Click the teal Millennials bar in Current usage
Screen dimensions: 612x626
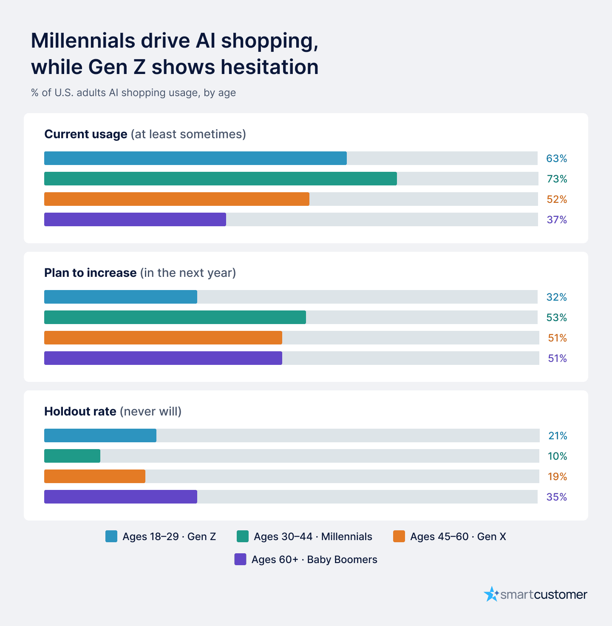[x=221, y=179]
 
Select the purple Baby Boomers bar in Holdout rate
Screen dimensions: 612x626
[x=121, y=497]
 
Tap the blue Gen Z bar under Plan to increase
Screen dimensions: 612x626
[x=121, y=296]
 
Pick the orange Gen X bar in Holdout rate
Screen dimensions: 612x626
[x=94, y=476]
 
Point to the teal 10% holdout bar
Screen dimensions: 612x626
[x=72, y=456]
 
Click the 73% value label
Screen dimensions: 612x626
[x=557, y=179]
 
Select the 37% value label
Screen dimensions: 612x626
[x=557, y=220]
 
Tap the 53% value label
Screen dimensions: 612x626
[x=557, y=318]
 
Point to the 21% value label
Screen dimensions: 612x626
[x=558, y=435]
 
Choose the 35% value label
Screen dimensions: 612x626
[x=557, y=497]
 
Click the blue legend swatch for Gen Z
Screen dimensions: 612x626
[x=111, y=536]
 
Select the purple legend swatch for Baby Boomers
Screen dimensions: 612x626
[x=240, y=559]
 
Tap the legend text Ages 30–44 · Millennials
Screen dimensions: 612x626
[x=313, y=537]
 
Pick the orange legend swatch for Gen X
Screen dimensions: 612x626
[x=399, y=536]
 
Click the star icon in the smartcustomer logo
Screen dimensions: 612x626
[x=491, y=594]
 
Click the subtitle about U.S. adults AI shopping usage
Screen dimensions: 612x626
[x=133, y=93]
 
